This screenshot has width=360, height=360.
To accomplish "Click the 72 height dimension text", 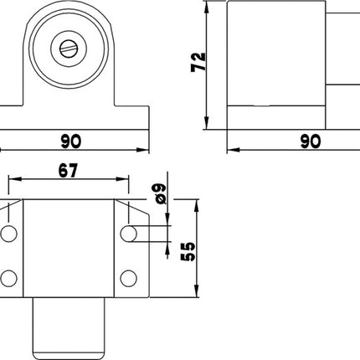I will point(198,62).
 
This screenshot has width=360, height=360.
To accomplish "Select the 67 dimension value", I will point(69,170).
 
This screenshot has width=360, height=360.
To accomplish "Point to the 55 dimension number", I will point(188,250).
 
